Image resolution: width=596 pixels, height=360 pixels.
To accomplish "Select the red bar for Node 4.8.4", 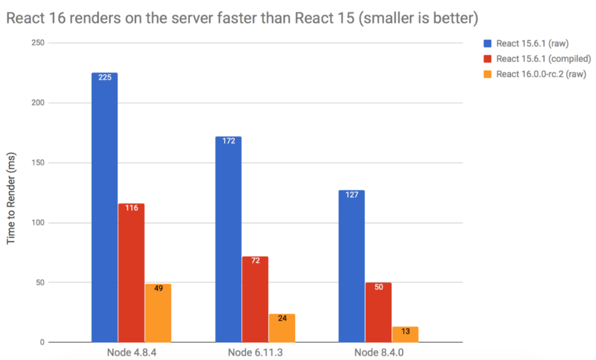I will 131,272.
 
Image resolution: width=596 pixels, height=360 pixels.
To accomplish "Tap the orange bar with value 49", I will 158,313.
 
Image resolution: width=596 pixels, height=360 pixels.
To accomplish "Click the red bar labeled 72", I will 255,299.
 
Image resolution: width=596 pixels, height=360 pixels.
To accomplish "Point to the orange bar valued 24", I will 282,328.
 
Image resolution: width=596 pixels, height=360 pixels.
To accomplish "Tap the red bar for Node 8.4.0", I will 378,312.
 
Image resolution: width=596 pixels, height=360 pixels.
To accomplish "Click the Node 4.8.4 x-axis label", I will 131,352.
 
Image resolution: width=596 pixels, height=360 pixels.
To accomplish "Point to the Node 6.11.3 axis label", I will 254,352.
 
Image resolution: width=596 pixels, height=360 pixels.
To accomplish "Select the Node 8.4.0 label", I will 378,352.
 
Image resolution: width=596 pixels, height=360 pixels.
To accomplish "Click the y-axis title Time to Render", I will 11,199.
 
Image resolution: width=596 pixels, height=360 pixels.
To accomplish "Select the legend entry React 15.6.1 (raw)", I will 532,43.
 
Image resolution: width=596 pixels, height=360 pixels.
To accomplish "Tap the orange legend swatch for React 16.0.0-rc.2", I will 488,74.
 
